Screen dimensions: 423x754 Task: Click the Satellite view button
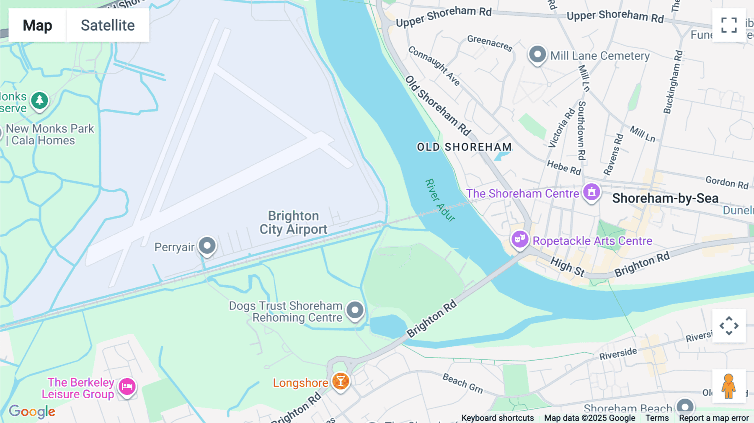point(108,25)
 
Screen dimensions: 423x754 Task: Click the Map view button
point(37,25)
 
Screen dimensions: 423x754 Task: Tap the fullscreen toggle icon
point(729,25)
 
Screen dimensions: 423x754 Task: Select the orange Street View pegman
point(729,386)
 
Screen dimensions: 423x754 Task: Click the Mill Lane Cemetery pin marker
point(537,54)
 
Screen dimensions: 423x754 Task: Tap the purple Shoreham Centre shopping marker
point(591,192)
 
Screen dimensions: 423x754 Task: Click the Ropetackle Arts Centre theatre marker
point(520,240)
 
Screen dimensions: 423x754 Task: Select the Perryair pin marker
point(207,246)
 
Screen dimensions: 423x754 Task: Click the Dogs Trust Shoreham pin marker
point(355,310)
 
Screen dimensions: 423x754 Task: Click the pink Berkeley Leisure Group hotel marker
point(127,387)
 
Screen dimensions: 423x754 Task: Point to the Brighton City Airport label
point(293,222)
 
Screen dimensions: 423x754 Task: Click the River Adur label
point(440,200)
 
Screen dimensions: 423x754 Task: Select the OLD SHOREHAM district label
point(464,147)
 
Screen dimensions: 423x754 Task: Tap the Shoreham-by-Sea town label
point(665,198)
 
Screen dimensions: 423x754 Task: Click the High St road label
point(568,267)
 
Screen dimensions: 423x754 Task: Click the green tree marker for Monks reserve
point(40,101)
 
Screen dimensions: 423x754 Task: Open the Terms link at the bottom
point(657,418)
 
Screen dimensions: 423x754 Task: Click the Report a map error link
point(713,418)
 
